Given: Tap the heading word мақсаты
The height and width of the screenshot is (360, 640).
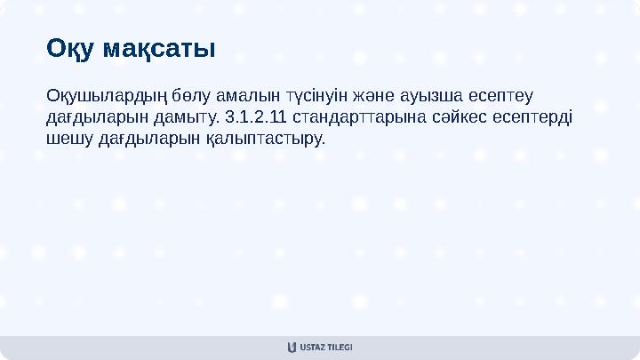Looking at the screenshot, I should point(159,48).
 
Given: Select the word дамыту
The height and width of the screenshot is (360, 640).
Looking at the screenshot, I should point(192,117).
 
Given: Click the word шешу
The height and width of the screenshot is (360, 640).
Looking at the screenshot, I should point(68,140).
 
